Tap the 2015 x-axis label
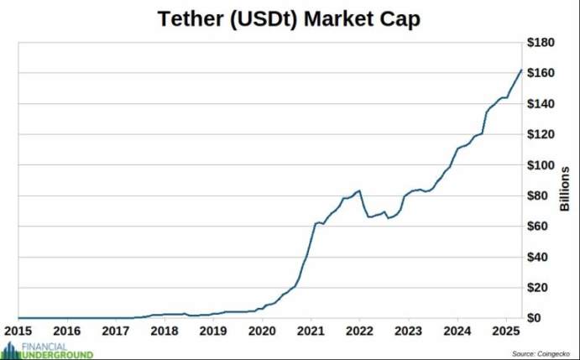[18, 331]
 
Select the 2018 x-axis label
[165, 331]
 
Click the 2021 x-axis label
[311, 331]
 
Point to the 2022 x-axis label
[359, 331]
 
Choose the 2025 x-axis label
[505, 331]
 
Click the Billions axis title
[565, 189]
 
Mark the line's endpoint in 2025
[522, 70]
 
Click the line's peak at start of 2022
[360, 190]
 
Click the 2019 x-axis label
[213, 331]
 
